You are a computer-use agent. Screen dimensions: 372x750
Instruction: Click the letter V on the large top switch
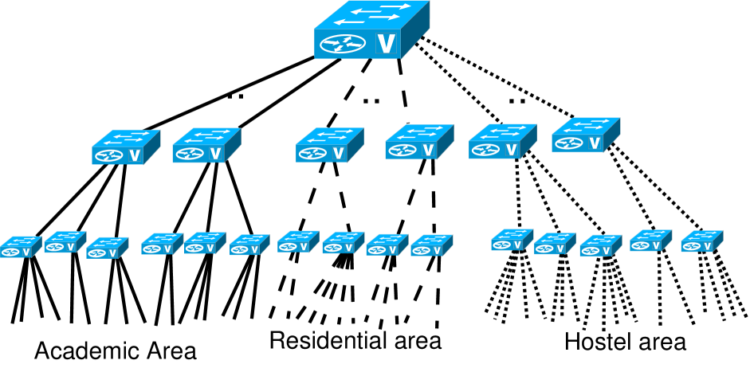pos(387,44)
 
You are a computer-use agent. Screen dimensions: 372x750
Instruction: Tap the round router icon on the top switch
pos(343,44)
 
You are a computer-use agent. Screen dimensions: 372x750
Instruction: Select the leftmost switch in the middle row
pos(125,147)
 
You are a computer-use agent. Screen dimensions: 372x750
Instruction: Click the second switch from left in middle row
pos(206,146)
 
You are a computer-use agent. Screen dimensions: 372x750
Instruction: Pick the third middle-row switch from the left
pos(329,146)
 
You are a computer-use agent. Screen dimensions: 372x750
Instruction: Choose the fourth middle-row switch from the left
pos(418,143)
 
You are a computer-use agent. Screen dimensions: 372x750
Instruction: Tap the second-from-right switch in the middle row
pos(502,142)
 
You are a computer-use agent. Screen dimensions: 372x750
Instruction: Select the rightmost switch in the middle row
pos(585,135)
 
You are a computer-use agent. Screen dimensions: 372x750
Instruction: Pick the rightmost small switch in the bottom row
pos(701,241)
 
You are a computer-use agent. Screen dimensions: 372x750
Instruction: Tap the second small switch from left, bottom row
pos(65,242)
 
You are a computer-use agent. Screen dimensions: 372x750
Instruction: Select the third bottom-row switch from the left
pos(107,248)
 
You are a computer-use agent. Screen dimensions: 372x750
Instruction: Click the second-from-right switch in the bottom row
pos(650,241)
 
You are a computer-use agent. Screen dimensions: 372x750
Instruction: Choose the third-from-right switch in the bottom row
pos(600,245)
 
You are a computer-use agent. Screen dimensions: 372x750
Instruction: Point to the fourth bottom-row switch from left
pos(162,244)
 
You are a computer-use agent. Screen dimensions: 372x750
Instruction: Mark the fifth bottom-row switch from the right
pos(512,241)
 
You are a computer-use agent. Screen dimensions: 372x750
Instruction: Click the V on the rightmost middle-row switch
pos(595,143)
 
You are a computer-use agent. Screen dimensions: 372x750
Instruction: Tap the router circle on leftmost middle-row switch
pos(109,156)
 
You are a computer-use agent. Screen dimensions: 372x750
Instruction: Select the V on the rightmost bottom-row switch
pos(707,246)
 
